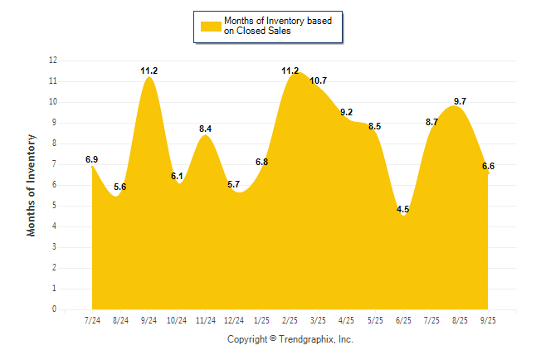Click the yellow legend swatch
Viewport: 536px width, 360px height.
coord(210,26)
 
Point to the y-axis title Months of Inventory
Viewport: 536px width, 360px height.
coord(32,185)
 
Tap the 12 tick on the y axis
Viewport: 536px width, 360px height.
coord(53,61)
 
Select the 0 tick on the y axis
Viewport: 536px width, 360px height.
coord(55,309)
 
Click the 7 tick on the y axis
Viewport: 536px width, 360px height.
coord(55,164)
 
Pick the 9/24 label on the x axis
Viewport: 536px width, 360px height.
coord(149,321)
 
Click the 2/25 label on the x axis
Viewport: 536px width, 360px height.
coord(290,321)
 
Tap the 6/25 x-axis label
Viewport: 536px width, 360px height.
coord(403,321)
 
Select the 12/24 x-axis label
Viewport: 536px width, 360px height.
coord(234,321)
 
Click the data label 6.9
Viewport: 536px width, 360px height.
coord(92,158)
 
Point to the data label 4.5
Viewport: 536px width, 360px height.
coord(403,209)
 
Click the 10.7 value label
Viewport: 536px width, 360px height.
coord(319,80)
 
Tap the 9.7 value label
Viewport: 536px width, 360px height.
coord(460,101)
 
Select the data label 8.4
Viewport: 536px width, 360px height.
coord(206,128)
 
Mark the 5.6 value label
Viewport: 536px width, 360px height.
coord(120,187)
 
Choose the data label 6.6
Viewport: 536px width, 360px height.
coord(488,166)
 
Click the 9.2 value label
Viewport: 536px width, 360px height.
coord(347,112)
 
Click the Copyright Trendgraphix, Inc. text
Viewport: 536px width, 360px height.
coord(290,339)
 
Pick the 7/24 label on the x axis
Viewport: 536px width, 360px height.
coord(92,321)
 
